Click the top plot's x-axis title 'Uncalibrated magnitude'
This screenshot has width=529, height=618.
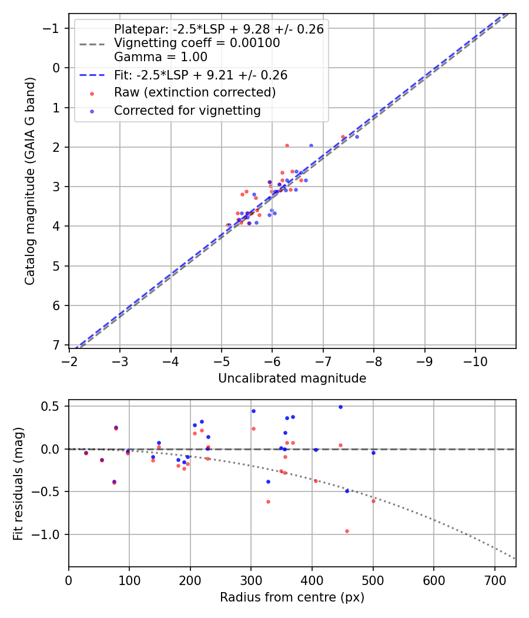(x=292, y=378)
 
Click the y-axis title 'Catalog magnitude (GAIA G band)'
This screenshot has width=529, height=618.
(x=30, y=181)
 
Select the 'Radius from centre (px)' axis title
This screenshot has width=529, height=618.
(x=292, y=597)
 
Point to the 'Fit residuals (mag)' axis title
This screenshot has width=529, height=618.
(x=18, y=484)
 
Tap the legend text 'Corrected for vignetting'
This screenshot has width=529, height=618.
(x=187, y=110)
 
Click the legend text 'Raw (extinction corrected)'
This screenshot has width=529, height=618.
(x=195, y=92)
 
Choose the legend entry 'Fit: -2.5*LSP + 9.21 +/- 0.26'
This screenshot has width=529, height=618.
(x=200, y=75)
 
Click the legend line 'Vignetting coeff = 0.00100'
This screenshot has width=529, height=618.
(x=197, y=43)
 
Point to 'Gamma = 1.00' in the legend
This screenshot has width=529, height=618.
(x=160, y=57)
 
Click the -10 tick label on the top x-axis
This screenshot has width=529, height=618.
(x=475, y=361)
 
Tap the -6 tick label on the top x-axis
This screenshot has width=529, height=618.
(x=272, y=361)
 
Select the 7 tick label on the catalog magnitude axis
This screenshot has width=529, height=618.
(x=56, y=345)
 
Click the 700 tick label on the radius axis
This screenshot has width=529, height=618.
(x=494, y=580)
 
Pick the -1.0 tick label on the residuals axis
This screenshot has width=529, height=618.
(x=51, y=534)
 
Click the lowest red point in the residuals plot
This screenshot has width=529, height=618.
(x=347, y=531)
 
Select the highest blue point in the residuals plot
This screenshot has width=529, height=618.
(x=340, y=407)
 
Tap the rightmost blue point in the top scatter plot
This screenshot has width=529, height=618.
(x=357, y=137)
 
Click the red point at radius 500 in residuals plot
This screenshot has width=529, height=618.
(x=373, y=501)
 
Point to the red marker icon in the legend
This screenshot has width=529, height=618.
(x=92, y=94)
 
